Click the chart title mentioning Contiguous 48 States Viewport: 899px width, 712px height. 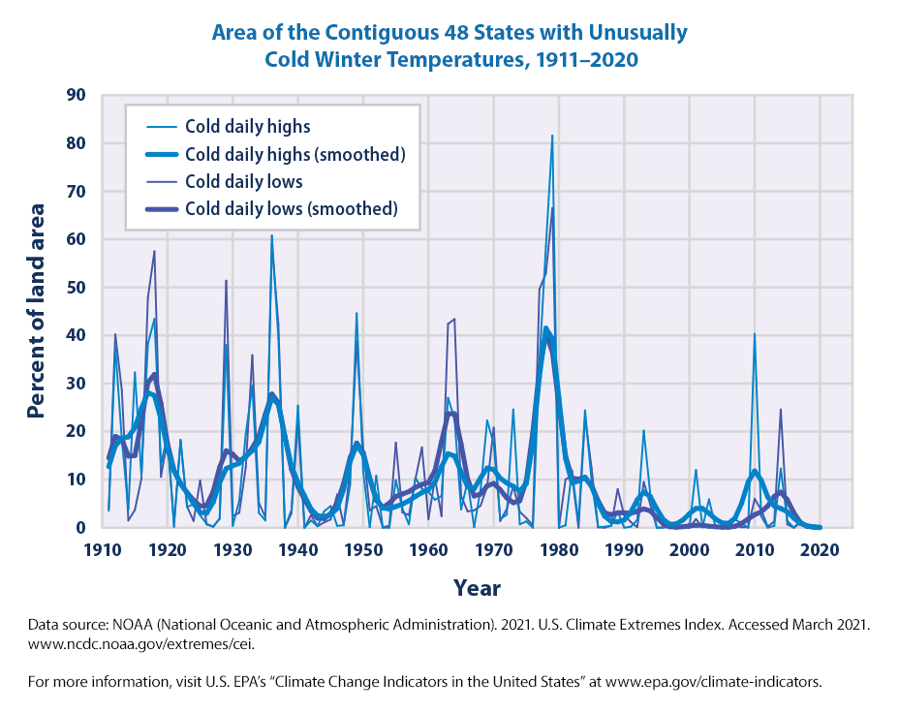pyautogui.click(x=449, y=45)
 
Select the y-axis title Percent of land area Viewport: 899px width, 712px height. pyautogui.click(x=37, y=310)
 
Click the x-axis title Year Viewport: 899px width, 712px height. pyautogui.click(x=477, y=587)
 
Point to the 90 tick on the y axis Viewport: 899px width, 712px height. pyautogui.click(x=76, y=95)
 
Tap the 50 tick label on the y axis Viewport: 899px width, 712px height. pyautogui.click(x=76, y=288)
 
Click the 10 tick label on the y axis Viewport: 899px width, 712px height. pyautogui.click(x=76, y=480)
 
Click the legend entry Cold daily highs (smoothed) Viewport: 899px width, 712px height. pyautogui.click(x=294, y=154)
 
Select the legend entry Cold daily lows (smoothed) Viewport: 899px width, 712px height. pyautogui.click(x=291, y=208)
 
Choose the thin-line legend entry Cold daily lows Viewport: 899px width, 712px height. pyautogui.click(x=243, y=181)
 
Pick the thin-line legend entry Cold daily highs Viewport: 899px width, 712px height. pyautogui.click(x=247, y=126)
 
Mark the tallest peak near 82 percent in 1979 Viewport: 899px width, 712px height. pyautogui.click(x=552, y=137)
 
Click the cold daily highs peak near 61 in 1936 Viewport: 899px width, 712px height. pyautogui.click(x=271, y=235)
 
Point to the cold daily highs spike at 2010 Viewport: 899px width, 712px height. pyautogui.click(x=755, y=334)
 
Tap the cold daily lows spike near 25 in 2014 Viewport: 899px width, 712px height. pyautogui.click(x=781, y=410)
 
